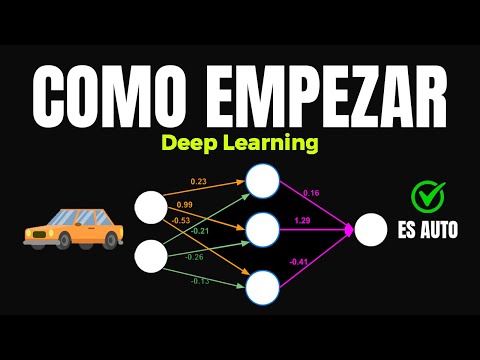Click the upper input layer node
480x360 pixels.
tap(151, 208)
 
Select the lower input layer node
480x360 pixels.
tap(151, 255)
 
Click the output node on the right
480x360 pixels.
tap(371, 230)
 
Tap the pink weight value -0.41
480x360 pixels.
tap(298, 262)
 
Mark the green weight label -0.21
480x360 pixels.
tap(201, 231)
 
